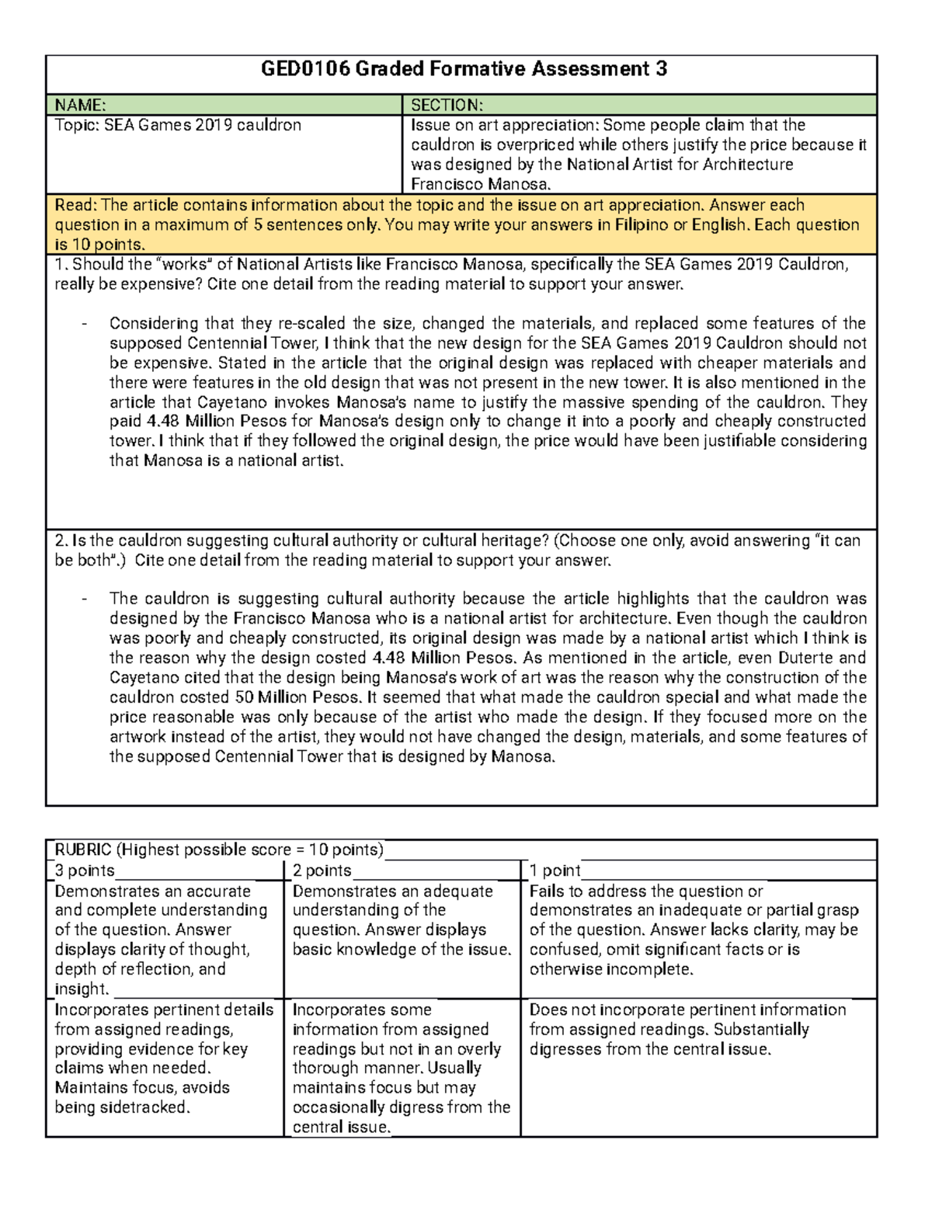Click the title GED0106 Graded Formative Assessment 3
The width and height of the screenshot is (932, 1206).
464,70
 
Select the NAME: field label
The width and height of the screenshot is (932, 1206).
81,106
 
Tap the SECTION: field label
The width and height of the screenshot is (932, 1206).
447,106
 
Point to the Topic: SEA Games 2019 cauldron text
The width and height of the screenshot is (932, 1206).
178,125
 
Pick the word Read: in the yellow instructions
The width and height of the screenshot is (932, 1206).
76,205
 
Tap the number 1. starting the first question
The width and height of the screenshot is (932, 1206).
61,265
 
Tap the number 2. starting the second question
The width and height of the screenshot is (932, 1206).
61,540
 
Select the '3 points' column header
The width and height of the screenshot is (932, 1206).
85,871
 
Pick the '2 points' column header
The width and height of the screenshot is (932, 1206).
322,871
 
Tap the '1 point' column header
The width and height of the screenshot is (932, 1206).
555,871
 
